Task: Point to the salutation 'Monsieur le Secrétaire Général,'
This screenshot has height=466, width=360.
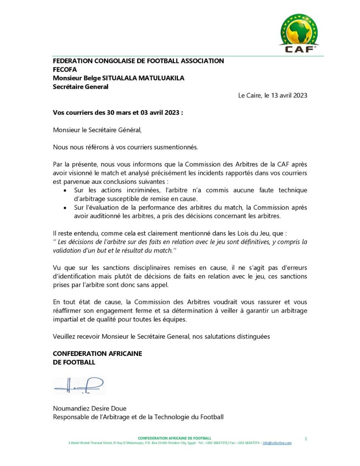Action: tap(97, 130)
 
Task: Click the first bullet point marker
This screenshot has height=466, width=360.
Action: tap(66, 190)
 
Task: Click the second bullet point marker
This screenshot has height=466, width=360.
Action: tap(66, 208)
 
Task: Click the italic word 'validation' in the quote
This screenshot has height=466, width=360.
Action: tap(66, 250)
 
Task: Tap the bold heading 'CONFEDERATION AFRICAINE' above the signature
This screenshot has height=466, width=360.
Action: tap(97, 354)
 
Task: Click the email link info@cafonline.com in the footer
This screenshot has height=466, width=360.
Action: tap(277, 443)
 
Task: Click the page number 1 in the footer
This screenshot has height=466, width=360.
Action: tap(306, 438)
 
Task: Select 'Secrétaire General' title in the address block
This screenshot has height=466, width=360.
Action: tap(81, 86)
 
